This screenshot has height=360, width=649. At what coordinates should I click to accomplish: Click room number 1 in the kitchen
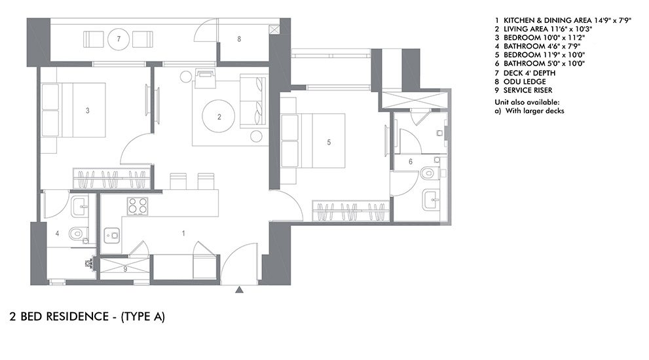click(183, 233)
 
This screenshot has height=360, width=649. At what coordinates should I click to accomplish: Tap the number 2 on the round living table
click(219, 117)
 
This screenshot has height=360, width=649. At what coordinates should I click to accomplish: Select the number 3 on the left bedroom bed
click(88, 111)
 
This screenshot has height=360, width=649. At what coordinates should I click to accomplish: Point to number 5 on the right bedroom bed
click(329, 141)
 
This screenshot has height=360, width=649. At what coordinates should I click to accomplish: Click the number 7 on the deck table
click(119, 39)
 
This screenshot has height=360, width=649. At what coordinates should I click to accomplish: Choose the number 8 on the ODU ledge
click(239, 39)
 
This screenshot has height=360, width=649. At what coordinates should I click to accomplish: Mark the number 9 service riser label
click(125, 269)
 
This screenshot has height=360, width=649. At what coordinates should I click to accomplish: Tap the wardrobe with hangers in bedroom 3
click(113, 177)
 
